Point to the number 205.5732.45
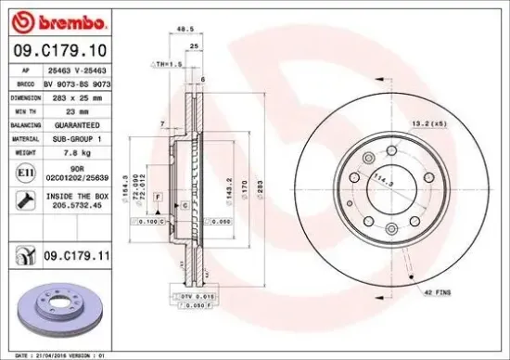coord(78,207)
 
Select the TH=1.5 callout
coord(163,64)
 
